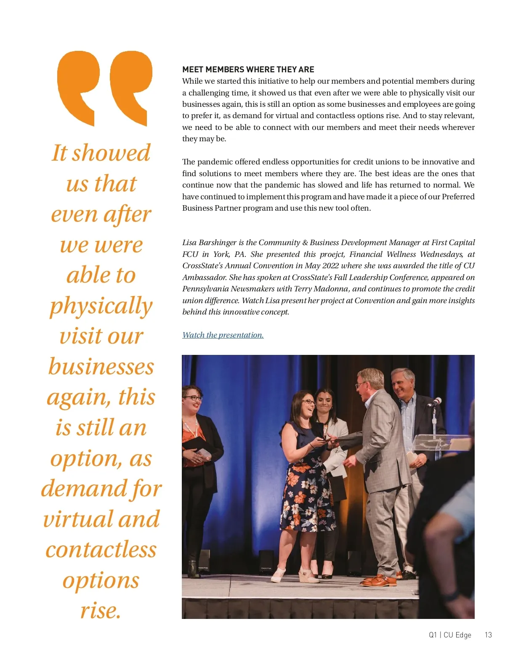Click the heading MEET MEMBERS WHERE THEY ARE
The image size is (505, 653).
(248, 69)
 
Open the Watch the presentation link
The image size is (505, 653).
(223, 335)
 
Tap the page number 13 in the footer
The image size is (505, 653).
(488, 635)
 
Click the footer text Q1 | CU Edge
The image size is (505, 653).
(450, 635)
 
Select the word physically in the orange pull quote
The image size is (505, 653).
(101, 306)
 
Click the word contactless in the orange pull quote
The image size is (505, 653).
(101, 550)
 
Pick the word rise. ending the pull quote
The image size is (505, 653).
(101, 611)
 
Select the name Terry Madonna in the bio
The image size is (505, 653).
(324, 289)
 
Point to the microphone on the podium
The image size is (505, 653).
(434, 402)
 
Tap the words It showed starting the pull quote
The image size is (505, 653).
(101, 153)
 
